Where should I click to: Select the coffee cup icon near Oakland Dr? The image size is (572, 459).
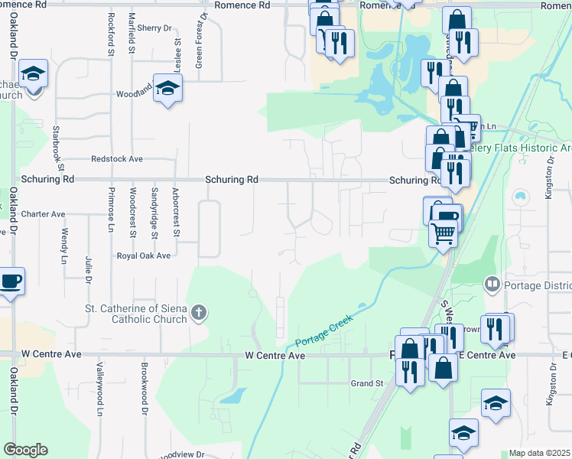coord(11,281)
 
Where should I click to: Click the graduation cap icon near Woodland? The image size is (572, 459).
coord(167,88)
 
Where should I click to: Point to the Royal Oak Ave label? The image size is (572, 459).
coord(143,256)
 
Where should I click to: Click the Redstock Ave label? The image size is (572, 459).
coord(117,159)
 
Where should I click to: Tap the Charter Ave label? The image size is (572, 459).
coord(44,214)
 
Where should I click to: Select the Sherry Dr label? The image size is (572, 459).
coord(156,28)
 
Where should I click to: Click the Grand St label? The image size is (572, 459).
coord(366,383)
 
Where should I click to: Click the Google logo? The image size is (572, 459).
coord(25,450)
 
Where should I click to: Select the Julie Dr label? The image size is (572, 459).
coord(89,272)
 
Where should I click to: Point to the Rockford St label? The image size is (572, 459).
coord(112,34)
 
